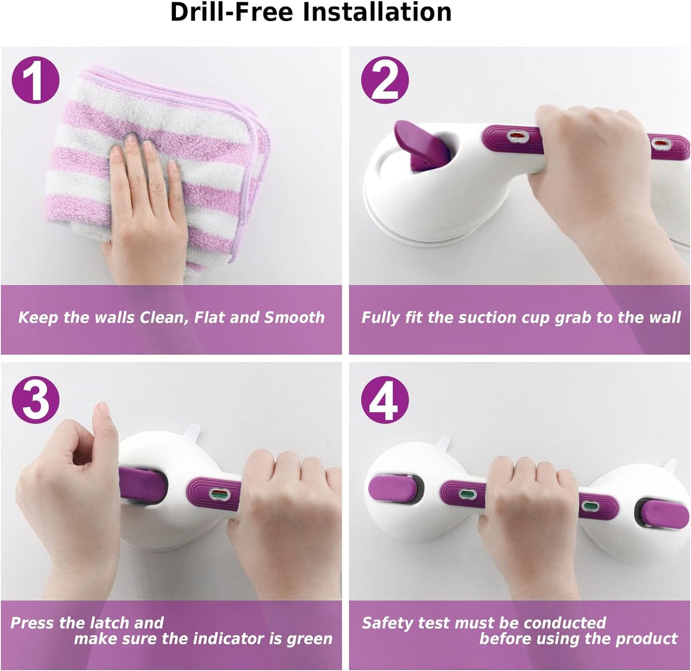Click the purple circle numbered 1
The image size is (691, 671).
tap(35, 80)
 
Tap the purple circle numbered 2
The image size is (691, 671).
tap(385, 80)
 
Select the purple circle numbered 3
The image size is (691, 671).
tap(35, 400)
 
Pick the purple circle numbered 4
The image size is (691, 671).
tap(385, 400)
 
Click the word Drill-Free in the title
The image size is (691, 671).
tap(231, 12)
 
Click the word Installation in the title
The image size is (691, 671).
tap(377, 12)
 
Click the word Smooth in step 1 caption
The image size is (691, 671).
tap(295, 317)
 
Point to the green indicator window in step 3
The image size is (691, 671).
tap(219, 493)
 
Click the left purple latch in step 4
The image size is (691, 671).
tap(393, 489)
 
